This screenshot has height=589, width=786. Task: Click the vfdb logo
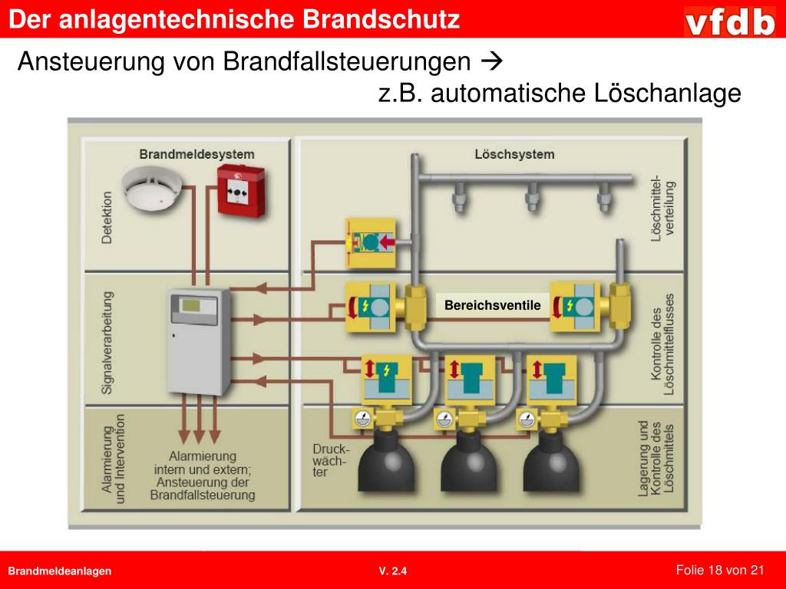point(730,21)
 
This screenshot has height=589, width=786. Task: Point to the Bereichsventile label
point(493,306)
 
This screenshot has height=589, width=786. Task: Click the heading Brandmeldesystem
point(196,154)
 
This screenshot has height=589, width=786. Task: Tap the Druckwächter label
point(330,460)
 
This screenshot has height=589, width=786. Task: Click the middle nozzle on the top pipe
point(532,198)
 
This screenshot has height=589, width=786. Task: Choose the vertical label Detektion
point(107,218)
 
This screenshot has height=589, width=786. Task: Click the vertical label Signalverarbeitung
point(107,342)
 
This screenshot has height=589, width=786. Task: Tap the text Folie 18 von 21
point(720,569)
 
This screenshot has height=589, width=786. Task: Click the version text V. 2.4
point(393,571)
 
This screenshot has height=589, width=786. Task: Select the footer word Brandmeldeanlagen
point(60,571)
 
